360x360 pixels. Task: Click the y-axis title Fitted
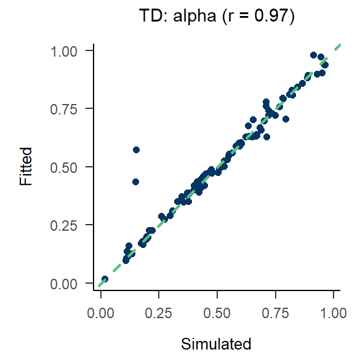click(x=25, y=167)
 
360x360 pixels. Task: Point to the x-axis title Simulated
click(x=217, y=343)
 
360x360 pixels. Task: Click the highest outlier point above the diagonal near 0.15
click(x=136, y=150)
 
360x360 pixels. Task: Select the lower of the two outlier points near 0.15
click(x=135, y=182)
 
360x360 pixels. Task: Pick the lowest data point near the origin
click(x=105, y=279)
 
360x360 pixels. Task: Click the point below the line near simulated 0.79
click(x=286, y=119)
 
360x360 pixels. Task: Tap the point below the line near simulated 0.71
click(x=266, y=137)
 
